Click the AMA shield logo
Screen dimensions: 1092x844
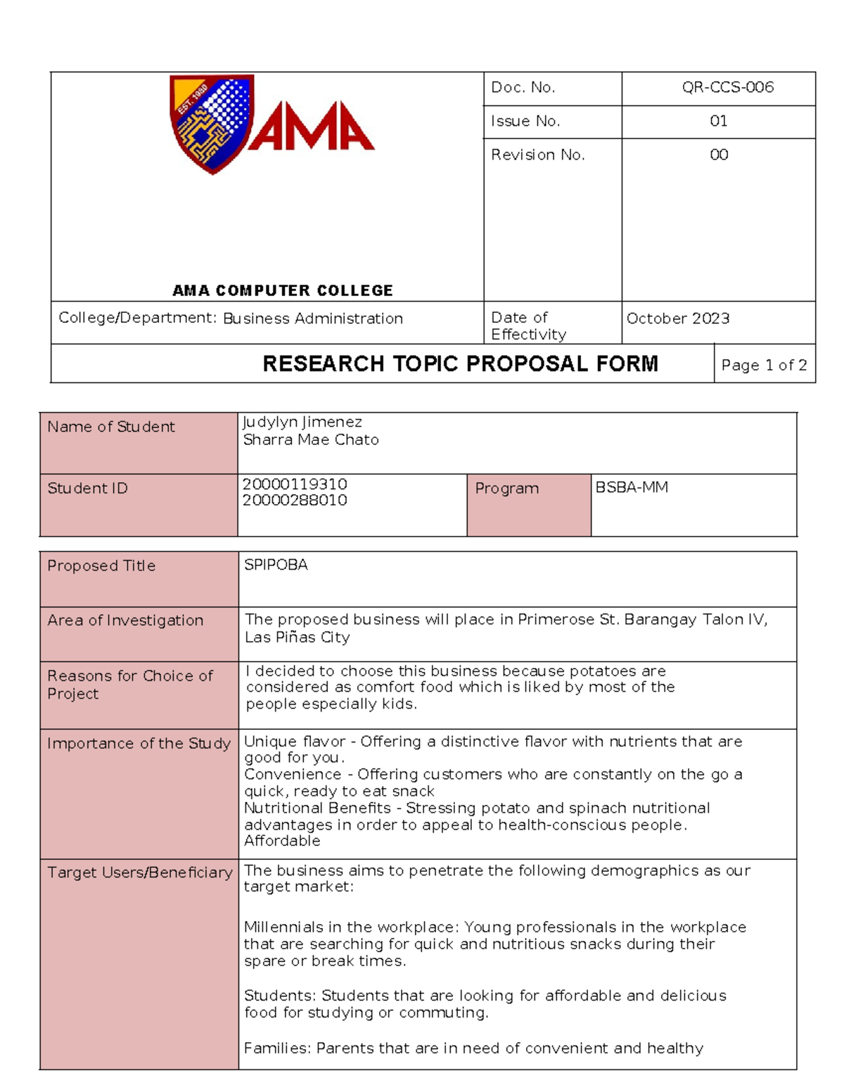pyautogui.click(x=211, y=124)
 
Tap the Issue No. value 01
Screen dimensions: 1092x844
pyautogui.click(x=718, y=121)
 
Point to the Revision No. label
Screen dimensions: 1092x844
pyautogui.click(x=537, y=155)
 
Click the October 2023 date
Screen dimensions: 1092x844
pyautogui.click(x=678, y=319)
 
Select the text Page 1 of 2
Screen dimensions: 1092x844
pyautogui.click(x=764, y=365)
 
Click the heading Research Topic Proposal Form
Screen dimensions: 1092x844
pyautogui.click(x=460, y=364)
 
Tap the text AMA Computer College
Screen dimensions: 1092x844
pyautogui.click(x=283, y=290)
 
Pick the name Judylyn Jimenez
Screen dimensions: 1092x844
pyautogui.click(x=302, y=422)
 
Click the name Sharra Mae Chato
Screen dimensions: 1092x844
pyautogui.click(x=311, y=439)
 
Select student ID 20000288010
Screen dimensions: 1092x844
pyautogui.click(x=295, y=500)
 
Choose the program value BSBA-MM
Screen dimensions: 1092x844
pyautogui.click(x=632, y=487)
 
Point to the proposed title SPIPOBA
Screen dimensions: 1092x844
pyautogui.click(x=276, y=565)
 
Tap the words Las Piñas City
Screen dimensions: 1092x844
pyautogui.click(x=297, y=637)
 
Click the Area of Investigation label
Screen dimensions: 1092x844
pyautogui.click(x=125, y=620)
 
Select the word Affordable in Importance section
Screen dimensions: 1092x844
pyautogui.click(x=282, y=841)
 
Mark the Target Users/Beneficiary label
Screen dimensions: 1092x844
pyautogui.click(x=139, y=873)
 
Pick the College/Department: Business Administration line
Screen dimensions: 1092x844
pyautogui.click(x=231, y=319)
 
